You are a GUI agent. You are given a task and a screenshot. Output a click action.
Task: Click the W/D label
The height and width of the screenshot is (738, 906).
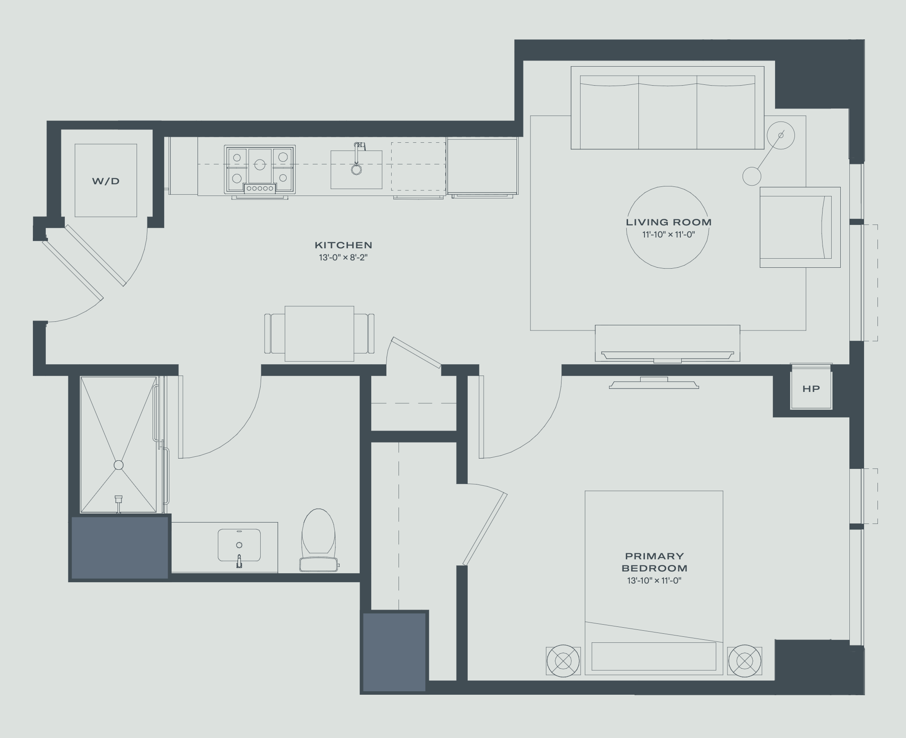click(x=106, y=181)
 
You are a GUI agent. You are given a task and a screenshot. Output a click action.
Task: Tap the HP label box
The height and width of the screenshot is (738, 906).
click(x=811, y=388)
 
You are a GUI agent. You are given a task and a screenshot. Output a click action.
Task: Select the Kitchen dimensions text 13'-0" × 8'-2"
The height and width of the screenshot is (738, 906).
click(x=343, y=258)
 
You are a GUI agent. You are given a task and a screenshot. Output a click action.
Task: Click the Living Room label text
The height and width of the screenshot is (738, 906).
click(x=669, y=222)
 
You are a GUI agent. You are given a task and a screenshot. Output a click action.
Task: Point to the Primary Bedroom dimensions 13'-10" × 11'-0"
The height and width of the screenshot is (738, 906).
click(x=654, y=581)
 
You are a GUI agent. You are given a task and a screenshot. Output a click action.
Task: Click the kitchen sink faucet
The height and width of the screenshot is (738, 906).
click(x=357, y=158)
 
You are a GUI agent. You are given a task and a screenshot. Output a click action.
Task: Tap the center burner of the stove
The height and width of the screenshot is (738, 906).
click(x=260, y=164)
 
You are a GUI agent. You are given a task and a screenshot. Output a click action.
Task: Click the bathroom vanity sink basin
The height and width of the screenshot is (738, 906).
click(x=239, y=545)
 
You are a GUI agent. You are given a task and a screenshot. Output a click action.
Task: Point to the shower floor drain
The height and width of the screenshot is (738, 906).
click(x=118, y=465)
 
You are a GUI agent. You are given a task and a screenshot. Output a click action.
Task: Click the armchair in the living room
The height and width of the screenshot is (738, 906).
click(x=800, y=227)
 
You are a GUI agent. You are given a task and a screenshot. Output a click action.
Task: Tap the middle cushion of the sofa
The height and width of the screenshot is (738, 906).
click(x=668, y=112)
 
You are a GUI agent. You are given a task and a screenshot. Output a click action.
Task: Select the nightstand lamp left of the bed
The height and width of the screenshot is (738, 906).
click(x=563, y=661)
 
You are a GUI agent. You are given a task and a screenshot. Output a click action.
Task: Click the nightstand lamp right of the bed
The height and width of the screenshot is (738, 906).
click(x=744, y=661)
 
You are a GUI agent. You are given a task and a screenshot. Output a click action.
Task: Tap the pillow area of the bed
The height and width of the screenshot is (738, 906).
click(x=654, y=656)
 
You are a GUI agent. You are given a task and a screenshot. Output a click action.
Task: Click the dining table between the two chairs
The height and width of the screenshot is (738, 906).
click(x=319, y=334)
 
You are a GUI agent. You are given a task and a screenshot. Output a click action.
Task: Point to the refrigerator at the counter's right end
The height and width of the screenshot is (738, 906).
click(x=482, y=166)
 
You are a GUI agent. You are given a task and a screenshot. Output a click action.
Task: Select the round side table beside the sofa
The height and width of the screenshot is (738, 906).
click(x=781, y=135)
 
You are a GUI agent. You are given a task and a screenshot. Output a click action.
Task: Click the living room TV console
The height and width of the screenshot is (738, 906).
click(x=667, y=343)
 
